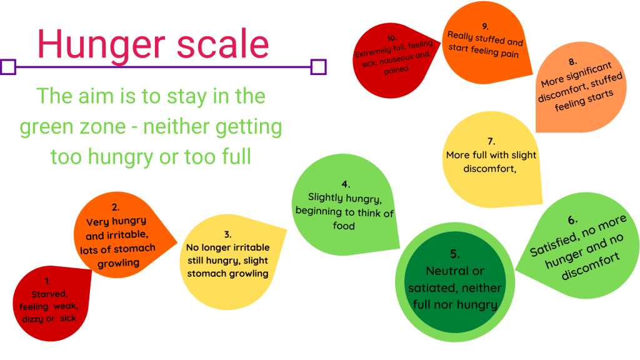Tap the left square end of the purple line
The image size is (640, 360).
[8, 67]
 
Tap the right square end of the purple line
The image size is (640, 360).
[319, 67]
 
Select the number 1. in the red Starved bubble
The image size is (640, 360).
[48, 281]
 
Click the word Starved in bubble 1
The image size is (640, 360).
[48, 294]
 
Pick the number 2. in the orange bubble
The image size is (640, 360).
[116, 207]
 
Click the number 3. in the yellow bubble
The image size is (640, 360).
[227, 234]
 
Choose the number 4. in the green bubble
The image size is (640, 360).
[346, 184]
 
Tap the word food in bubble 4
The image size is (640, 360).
[344, 226]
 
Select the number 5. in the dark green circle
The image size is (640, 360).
[455, 254]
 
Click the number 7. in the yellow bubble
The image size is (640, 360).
[491, 142]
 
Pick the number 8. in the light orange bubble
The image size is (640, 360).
[572, 62]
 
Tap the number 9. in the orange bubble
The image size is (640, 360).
[485, 26]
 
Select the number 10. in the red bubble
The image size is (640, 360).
[392, 38]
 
